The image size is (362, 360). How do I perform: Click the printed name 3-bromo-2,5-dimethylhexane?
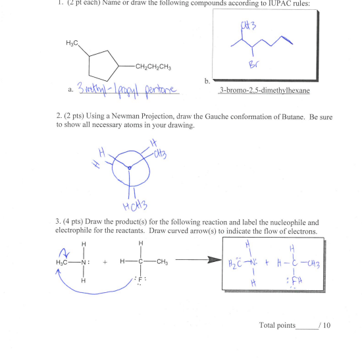click(265, 90)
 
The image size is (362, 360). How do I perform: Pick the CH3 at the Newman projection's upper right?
click(159, 155)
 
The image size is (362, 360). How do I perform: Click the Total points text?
click(277, 326)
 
